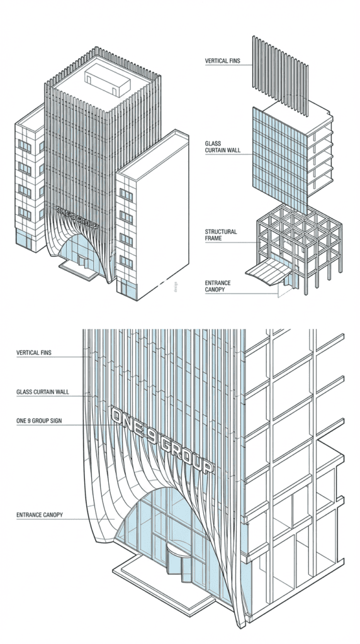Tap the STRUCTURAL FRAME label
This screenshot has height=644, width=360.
(x=221, y=235)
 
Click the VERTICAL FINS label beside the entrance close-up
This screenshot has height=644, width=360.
(x=34, y=353)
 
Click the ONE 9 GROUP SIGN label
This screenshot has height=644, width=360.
(x=42, y=420)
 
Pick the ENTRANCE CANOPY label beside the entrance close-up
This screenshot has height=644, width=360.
(x=39, y=516)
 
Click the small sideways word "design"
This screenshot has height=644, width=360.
(x=174, y=286)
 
